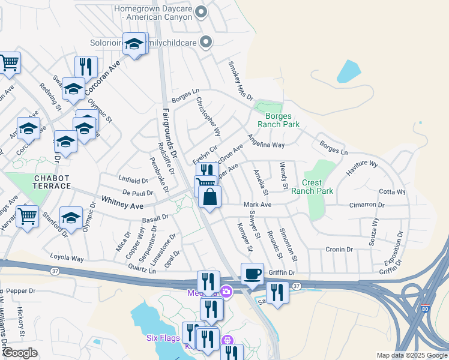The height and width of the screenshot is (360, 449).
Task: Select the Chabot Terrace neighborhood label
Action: click(52, 182)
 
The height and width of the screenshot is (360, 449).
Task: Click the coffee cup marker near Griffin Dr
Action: click(252, 274)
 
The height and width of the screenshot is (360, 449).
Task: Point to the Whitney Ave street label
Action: click(122, 202)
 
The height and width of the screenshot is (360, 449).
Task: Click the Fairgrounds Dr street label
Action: click(168, 133)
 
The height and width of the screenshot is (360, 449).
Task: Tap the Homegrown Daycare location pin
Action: click(202, 11)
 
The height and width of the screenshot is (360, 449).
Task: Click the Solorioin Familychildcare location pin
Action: click(206, 42)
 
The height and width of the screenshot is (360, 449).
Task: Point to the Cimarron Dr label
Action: click(367, 205)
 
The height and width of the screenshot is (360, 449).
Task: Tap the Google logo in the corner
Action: click(20, 353)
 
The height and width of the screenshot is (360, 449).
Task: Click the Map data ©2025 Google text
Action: click(411, 355)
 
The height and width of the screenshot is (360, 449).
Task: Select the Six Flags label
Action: click(162, 338)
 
